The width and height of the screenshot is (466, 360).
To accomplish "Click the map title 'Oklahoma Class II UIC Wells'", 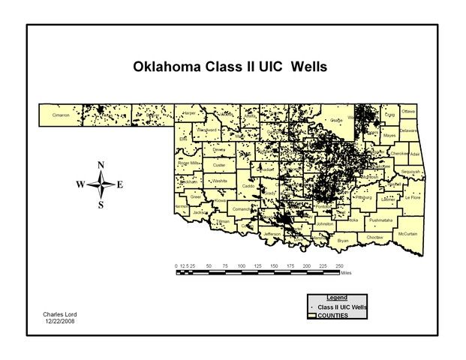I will tap(230, 67).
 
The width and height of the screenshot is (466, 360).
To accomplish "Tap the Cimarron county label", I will tap(61, 115).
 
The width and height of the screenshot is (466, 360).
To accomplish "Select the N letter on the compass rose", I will tap(101, 166).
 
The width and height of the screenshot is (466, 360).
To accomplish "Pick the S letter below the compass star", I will tap(101, 205).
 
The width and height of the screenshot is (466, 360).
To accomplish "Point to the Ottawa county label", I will tap(408, 111).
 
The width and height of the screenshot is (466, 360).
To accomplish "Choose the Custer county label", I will tap(219, 165).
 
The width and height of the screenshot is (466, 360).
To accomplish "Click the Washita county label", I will tap(219, 181).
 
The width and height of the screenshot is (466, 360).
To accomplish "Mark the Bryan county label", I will tap(343, 241).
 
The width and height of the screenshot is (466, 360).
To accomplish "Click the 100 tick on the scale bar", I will tap(242, 266).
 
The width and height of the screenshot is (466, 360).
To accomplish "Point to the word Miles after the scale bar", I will tap(346, 273).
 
